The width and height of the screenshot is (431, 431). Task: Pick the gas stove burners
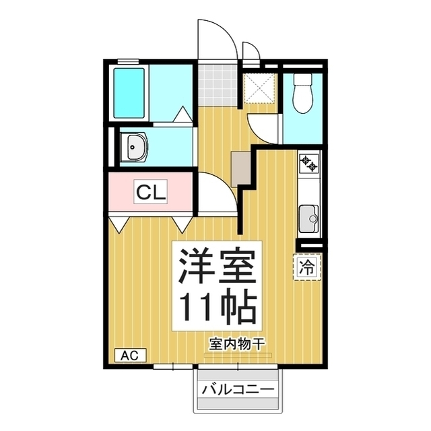310,162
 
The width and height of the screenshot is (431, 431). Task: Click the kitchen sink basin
309,217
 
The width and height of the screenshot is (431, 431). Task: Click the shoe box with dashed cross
259,86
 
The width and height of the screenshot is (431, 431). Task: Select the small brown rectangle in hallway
240,167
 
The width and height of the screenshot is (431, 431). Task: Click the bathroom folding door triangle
183,114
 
